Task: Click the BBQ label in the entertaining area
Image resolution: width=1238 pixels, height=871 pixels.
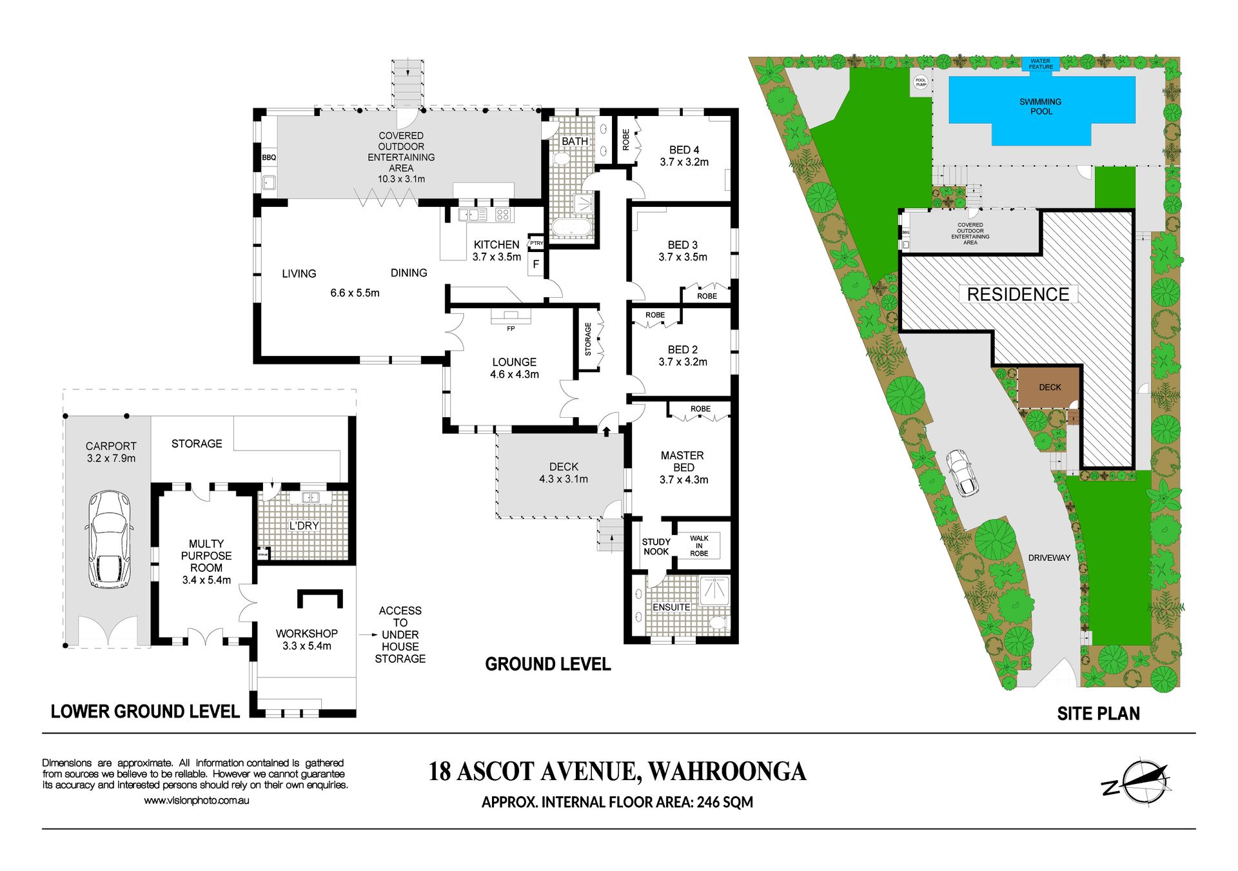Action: (269, 157)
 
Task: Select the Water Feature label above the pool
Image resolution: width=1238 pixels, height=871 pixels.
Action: (1041, 64)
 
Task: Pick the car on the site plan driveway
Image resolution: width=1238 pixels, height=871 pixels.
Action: (962, 473)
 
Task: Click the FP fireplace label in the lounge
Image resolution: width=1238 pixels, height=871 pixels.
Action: (511, 329)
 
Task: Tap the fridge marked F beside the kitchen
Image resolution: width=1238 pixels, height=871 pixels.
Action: (536, 264)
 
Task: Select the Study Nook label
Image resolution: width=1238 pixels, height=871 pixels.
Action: (656, 547)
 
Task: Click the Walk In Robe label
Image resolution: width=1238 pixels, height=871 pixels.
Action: (699, 545)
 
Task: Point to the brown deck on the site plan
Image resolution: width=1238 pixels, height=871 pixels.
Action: (1049, 387)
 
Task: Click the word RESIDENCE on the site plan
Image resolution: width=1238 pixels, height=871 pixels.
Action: (1018, 295)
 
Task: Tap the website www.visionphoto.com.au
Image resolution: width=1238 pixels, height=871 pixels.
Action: (196, 801)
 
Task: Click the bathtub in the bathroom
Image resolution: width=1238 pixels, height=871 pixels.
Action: (571, 228)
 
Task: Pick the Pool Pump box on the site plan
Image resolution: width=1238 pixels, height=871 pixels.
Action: (921, 83)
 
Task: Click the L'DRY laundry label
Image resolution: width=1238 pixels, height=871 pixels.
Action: (304, 525)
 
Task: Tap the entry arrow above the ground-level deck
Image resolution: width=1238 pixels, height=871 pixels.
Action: (607, 430)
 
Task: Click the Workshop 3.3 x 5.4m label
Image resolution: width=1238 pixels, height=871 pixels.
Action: (306, 640)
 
